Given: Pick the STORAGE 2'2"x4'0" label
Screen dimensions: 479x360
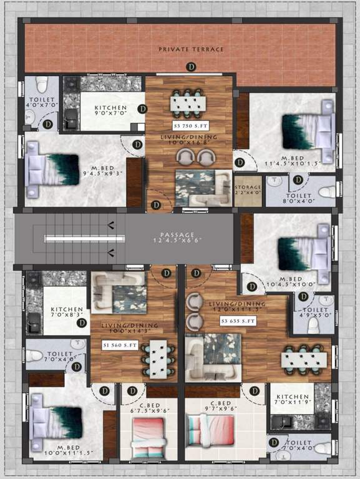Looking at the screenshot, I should coord(247,190).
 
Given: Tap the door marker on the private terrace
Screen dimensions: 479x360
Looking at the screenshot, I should coord(192,66).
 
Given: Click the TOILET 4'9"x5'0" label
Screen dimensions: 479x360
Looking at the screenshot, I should coord(314,312).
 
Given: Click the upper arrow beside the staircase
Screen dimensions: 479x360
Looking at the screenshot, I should coord(110,225).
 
